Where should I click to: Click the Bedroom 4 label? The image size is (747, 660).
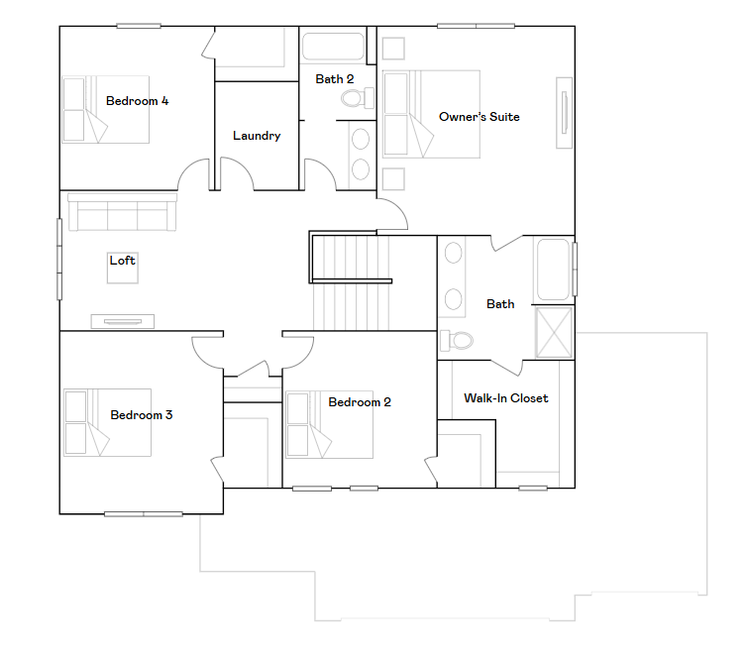pyautogui.click(x=137, y=101)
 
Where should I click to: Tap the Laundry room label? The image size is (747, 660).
pyautogui.click(x=257, y=136)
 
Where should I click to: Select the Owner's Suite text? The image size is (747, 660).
pyautogui.click(x=480, y=117)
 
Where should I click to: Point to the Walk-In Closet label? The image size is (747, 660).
pyautogui.click(x=506, y=398)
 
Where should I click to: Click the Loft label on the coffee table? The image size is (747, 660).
pyautogui.click(x=123, y=261)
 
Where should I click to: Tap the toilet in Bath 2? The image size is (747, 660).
pyautogui.click(x=358, y=98)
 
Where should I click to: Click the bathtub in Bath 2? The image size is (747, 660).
pyautogui.click(x=333, y=47)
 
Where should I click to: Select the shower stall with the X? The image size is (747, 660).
pyautogui.click(x=554, y=332)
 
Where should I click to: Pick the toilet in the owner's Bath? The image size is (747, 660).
pyautogui.click(x=457, y=340)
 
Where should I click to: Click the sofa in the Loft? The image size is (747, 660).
pyautogui.click(x=123, y=212)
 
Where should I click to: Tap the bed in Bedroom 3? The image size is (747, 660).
pyautogui.click(x=107, y=423)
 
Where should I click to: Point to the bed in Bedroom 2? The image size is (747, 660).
pyautogui.click(x=329, y=425)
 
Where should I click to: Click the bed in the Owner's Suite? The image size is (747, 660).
pyautogui.click(x=431, y=114)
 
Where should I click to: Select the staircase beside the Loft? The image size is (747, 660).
pyautogui.click(x=351, y=281)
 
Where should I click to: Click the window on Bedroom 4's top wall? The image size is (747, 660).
pyautogui.click(x=139, y=26)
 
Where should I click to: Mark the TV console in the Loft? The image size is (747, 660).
pyautogui.click(x=123, y=322)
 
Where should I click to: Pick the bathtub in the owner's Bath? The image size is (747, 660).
pyautogui.click(x=553, y=270)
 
